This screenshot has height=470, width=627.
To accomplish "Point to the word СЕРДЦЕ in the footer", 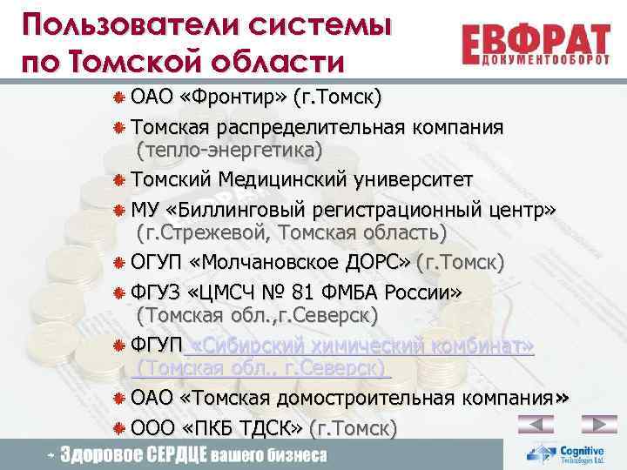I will pos(172,454).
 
